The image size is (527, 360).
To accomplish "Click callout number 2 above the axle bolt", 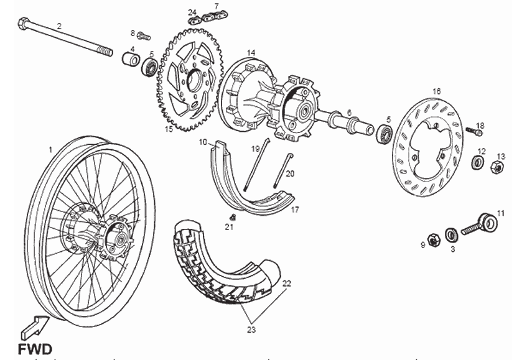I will coord(59,26).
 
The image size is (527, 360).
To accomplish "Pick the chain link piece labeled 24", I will coord(195,19).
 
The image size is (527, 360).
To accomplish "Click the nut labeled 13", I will coord(497,167).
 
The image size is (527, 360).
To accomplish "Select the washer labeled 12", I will coord(479,163).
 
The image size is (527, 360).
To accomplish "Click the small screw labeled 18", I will coord(475,131).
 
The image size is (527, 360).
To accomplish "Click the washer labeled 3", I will coord(452,234).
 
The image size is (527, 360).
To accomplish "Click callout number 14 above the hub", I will coord(251,53).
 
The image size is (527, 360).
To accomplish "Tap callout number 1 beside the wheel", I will coord(51,150).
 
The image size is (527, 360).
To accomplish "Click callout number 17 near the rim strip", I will coord(295,210).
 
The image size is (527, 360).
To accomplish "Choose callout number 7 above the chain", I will coord(216,7).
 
